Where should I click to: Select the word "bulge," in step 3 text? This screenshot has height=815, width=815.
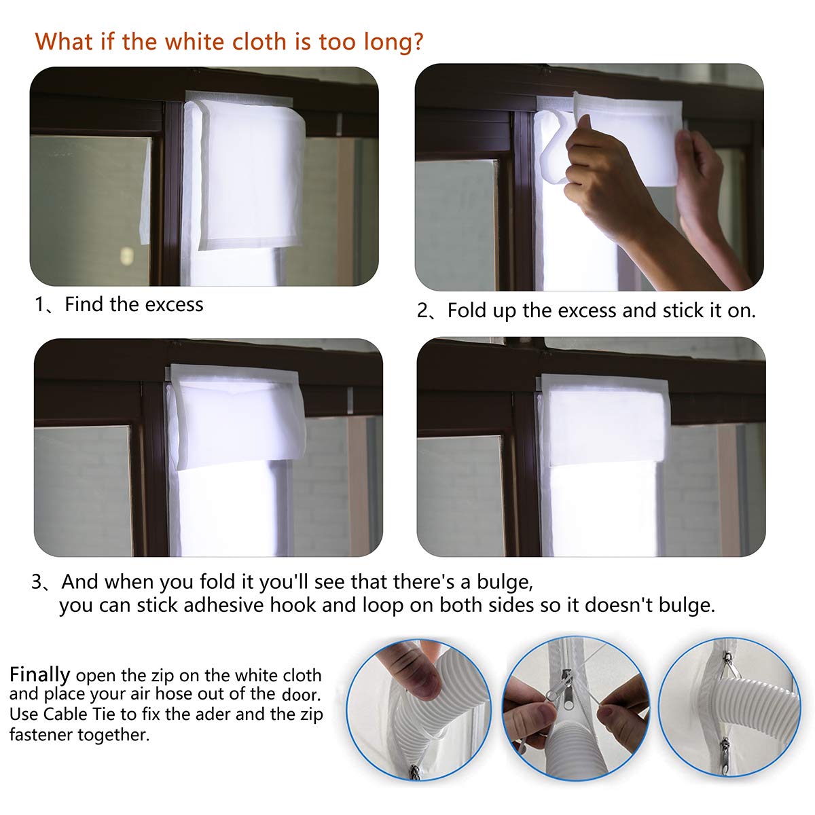click(x=504, y=582)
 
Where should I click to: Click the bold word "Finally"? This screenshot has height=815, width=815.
click(x=39, y=674)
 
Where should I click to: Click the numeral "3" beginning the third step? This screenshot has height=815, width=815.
click(x=37, y=582)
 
